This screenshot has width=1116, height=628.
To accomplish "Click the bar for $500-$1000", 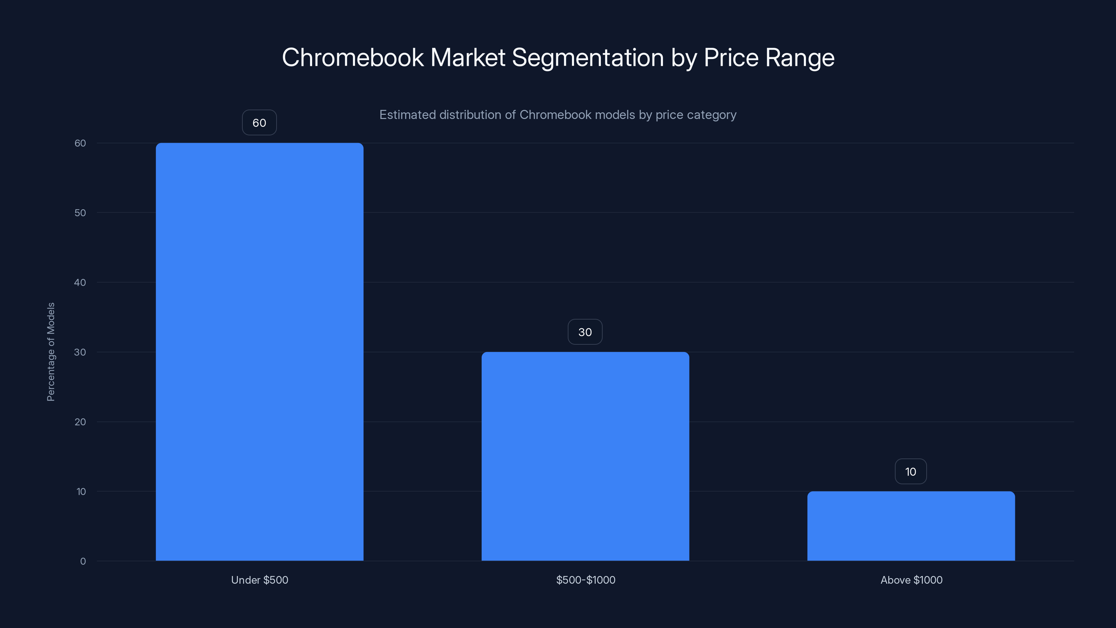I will [x=585, y=456].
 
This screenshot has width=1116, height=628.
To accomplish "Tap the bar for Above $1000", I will [x=911, y=526].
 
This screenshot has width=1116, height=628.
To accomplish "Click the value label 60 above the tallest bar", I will [x=259, y=123].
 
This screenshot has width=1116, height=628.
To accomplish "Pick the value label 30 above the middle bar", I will [x=585, y=332].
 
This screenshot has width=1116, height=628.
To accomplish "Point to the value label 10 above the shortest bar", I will [x=911, y=472].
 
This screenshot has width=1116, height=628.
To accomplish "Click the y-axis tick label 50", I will [x=80, y=213].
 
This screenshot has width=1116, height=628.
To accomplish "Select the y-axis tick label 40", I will [x=80, y=283].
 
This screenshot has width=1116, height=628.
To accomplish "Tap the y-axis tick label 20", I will [x=80, y=422].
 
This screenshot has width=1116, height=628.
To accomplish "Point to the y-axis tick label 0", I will [x=83, y=561].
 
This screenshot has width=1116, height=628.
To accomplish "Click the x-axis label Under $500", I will [x=259, y=580].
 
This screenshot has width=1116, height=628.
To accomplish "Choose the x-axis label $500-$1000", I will [x=585, y=580].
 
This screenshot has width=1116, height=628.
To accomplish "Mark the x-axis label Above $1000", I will [x=911, y=580].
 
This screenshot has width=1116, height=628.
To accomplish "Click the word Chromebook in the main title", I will [x=353, y=58].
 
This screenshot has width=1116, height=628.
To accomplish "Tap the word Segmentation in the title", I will [x=588, y=58].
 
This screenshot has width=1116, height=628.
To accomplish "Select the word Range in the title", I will [x=800, y=58].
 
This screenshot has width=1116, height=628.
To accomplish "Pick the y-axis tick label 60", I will [x=80, y=143].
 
